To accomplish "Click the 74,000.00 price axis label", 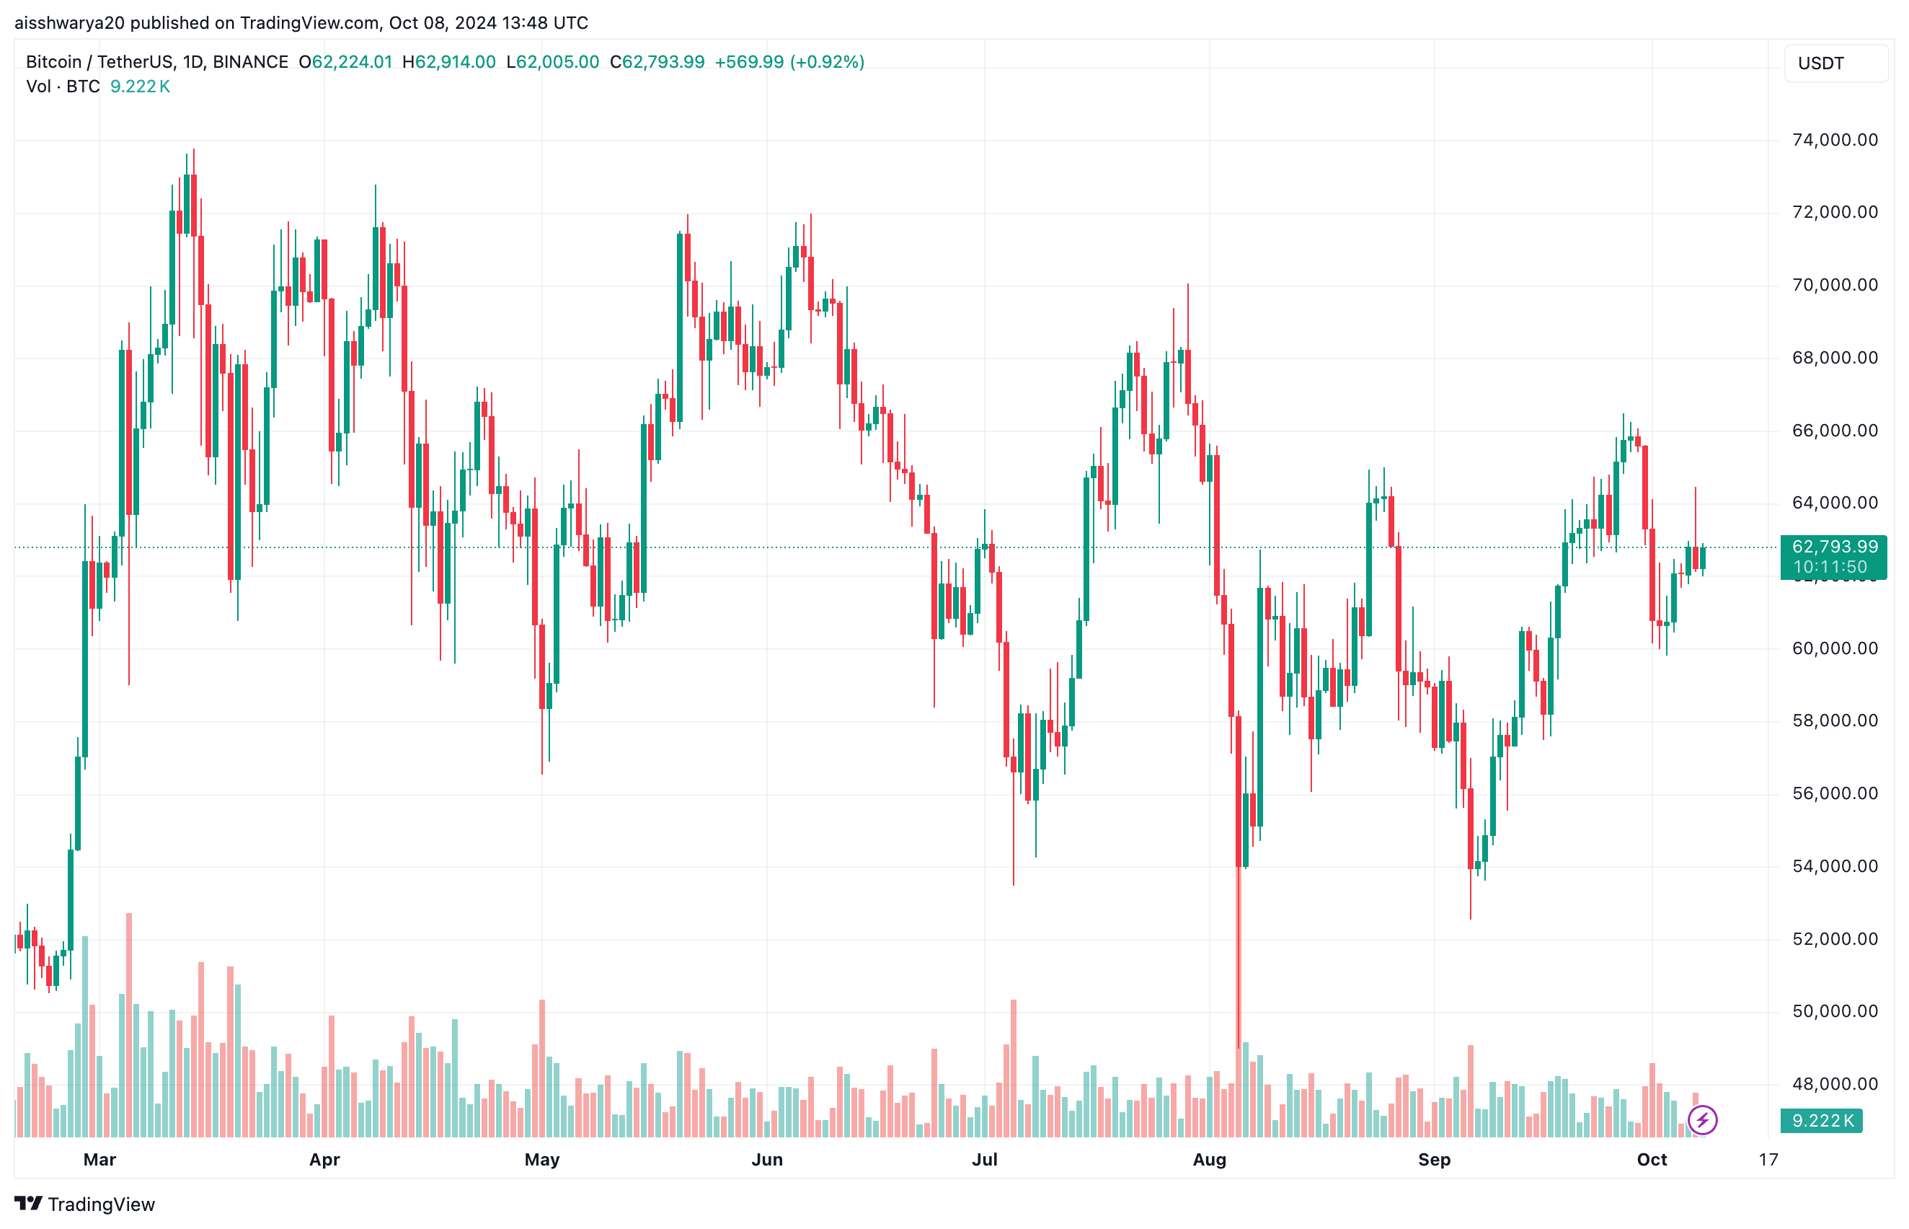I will click(1834, 141).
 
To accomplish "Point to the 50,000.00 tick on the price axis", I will click(1834, 1011).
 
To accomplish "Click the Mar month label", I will click(99, 1160).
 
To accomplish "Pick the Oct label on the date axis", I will click(1652, 1160).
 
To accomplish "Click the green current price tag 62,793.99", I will click(1833, 547).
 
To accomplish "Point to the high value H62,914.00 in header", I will click(449, 62).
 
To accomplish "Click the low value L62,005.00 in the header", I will click(553, 62).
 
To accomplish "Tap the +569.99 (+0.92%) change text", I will click(789, 62).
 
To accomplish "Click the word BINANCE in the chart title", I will click(250, 62).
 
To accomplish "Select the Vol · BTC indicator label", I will click(63, 87).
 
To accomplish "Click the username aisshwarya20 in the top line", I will click(69, 23).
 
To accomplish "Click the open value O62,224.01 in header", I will click(345, 62).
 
